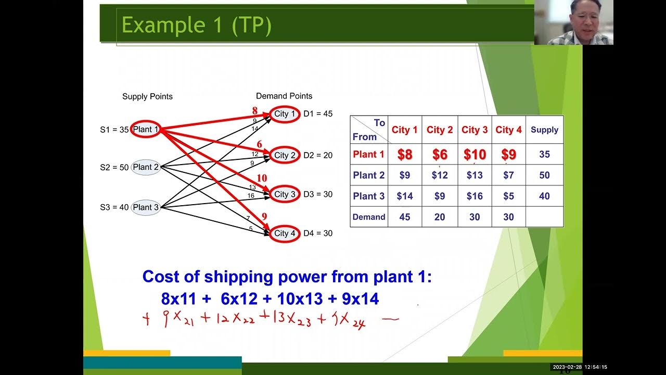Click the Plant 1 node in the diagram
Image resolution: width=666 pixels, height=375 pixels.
click(145, 129)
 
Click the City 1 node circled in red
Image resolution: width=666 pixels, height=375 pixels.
click(284, 114)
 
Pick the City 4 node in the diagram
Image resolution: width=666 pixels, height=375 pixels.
click(284, 233)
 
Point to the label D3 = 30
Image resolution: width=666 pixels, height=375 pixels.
click(318, 194)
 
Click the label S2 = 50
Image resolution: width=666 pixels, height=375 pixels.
click(114, 168)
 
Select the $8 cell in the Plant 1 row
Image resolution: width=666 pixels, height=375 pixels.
click(405, 155)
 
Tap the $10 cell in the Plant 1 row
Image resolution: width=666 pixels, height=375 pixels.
click(475, 155)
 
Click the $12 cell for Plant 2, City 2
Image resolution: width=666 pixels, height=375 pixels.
click(440, 176)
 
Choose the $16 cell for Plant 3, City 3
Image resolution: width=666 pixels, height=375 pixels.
click(475, 196)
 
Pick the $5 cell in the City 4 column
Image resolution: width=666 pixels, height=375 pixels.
click(508, 196)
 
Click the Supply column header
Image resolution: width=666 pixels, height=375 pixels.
click(544, 130)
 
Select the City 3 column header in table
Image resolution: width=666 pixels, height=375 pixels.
click(475, 130)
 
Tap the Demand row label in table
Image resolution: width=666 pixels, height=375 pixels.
click(369, 217)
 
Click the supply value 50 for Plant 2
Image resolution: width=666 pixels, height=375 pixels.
click(544, 176)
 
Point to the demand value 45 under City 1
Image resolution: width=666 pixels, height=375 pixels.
click(405, 217)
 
